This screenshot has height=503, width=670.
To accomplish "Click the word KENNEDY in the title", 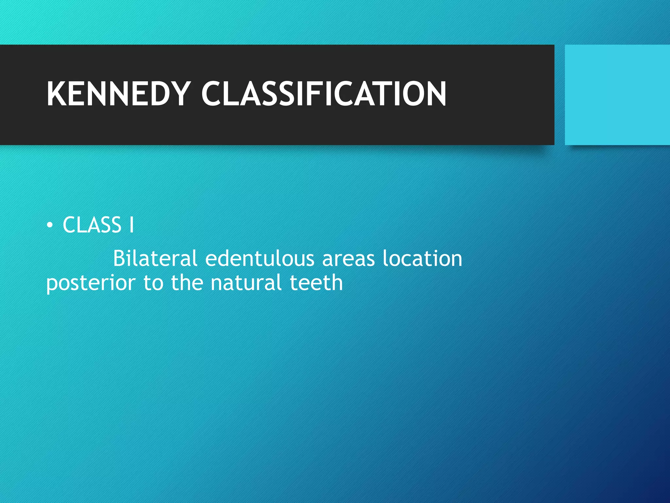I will [118, 94].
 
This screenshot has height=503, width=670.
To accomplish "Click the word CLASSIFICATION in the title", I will [324, 94].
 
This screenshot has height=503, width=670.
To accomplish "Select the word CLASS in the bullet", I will [92, 225].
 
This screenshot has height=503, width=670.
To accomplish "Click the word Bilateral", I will [155, 258].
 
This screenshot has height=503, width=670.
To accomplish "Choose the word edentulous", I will [259, 258].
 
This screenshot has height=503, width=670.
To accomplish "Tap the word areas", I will [348, 258].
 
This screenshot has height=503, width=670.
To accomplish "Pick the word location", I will [422, 258].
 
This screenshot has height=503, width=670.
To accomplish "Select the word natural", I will [246, 283].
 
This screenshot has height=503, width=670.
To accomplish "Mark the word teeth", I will [316, 283].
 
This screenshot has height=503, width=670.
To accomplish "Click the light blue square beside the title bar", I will [617, 95].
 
